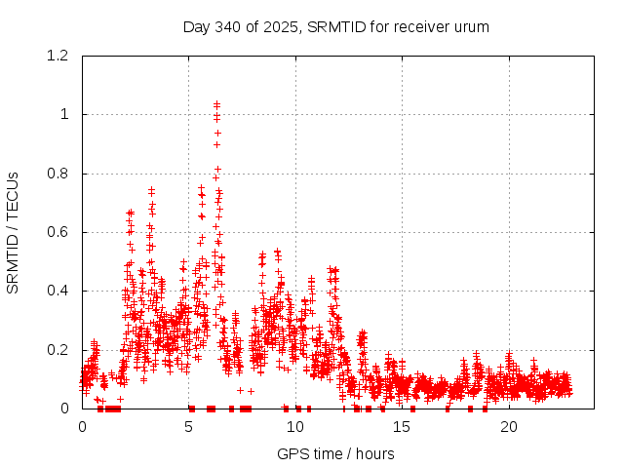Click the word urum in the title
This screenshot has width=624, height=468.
[471, 26]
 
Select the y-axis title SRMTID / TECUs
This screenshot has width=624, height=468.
[14, 232]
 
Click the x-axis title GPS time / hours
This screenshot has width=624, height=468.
[335, 453]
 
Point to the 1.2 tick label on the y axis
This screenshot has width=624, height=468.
[60, 56]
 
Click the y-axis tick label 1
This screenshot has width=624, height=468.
[65, 114]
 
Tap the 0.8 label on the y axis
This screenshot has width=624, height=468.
[60, 174]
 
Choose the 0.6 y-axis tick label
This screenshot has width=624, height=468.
[60, 232]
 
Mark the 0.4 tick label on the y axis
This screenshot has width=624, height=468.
[60, 291]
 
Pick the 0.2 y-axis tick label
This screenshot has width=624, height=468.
[60, 350]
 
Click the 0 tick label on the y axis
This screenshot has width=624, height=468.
[65, 409]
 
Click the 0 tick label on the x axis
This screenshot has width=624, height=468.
[82, 427]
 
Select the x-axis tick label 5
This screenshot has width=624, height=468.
[189, 427]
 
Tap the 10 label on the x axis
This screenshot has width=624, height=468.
[295, 427]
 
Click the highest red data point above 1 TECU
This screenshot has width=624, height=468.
[216, 102]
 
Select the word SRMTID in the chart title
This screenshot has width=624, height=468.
[336, 26]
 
